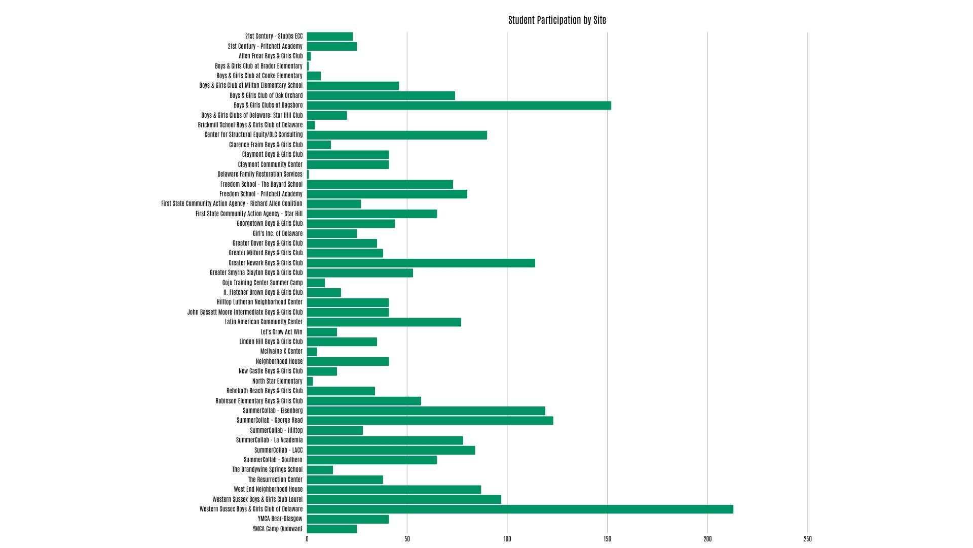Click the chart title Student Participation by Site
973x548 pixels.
coord(557,20)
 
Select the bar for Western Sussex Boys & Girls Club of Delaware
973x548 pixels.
coord(520,509)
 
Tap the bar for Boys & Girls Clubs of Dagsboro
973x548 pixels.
coord(459,106)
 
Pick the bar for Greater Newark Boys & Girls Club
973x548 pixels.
coord(421,263)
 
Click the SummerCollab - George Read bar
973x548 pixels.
coord(430,421)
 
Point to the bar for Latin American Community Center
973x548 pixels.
coord(384,322)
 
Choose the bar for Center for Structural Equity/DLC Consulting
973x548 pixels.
coord(397,135)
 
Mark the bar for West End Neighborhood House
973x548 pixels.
coord(394,490)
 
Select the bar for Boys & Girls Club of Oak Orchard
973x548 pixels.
coord(381,95)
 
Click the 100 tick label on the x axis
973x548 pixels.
coord(507,539)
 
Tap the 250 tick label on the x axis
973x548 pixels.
coord(808,539)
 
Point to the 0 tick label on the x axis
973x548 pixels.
coord(307,539)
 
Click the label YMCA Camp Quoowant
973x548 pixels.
coord(277,529)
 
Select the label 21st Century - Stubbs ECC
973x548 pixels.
coord(274,37)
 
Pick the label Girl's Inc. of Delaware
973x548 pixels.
coord(278,233)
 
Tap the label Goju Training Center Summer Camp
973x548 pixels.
coord(263,283)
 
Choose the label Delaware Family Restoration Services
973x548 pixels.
coord(260,174)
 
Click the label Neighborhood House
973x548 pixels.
coord(279,361)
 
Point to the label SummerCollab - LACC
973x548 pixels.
coord(278,450)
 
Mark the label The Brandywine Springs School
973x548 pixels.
coord(267,470)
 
